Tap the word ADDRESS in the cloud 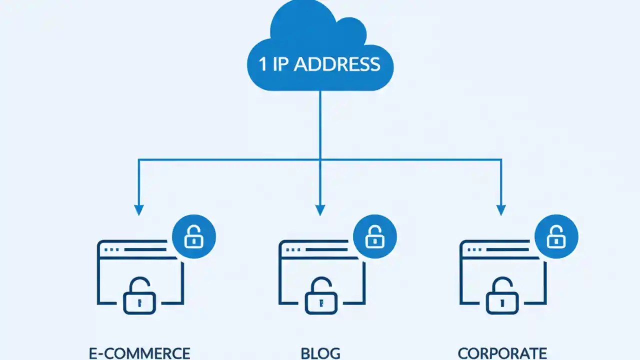(x=337, y=64)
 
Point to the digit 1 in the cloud (x=263, y=64)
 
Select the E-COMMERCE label (x=139, y=353)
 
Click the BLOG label (x=320, y=353)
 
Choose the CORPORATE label (x=502, y=353)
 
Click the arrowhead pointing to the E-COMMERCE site (x=139, y=210)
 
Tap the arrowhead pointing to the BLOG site (x=320, y=210)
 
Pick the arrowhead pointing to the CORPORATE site (x=501, y=210)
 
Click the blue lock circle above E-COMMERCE (x=194, y=236)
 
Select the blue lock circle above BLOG (x=375, y=236)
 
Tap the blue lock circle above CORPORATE (x=556, y=236)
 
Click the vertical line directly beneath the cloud (x=320, y=125)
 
